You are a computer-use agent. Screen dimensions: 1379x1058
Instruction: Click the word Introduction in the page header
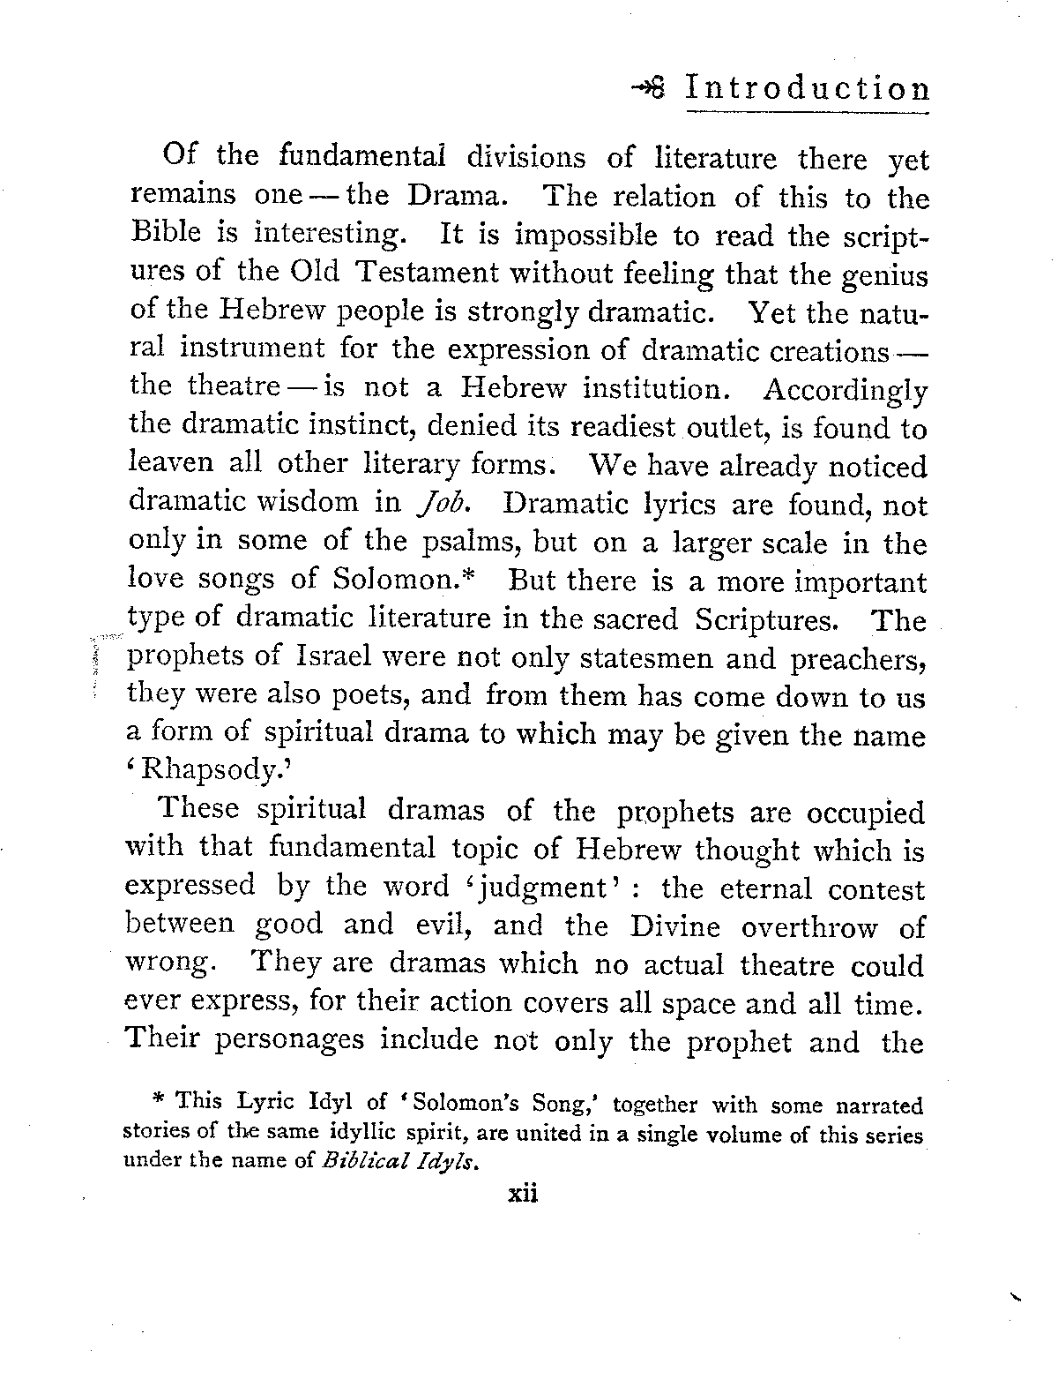click(x=808, y=89)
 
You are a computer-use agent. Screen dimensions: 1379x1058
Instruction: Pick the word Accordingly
click(x=845, y=389)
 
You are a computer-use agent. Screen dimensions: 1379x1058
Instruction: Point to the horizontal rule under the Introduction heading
click(x=808, y=113)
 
